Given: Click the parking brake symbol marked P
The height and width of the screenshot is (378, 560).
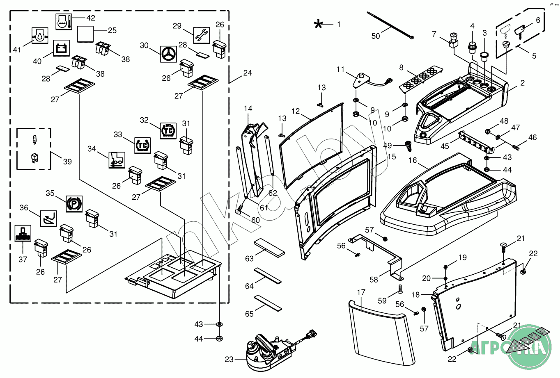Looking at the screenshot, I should coord(74,204).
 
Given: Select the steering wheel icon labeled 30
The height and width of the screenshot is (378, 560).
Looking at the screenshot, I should coord(168,54).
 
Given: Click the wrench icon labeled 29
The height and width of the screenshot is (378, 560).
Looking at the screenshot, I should coord(201,36).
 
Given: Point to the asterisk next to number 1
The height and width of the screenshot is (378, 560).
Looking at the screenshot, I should coord(318,25).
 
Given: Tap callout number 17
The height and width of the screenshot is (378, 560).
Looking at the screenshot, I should coord(361,292).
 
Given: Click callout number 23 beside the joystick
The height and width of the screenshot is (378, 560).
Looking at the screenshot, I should coord(229,360).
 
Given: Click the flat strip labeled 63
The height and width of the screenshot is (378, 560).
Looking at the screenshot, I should coord(269,248).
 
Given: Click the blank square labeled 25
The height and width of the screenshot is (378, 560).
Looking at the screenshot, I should coord(85,34).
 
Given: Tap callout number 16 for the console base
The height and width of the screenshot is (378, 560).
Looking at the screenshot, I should coord(412,160).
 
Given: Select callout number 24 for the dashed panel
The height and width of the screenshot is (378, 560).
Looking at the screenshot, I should coord(247,73).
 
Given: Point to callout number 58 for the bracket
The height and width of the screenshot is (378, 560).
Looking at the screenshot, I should coord(374,280).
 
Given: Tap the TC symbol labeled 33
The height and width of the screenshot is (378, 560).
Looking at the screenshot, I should coord(142,145).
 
